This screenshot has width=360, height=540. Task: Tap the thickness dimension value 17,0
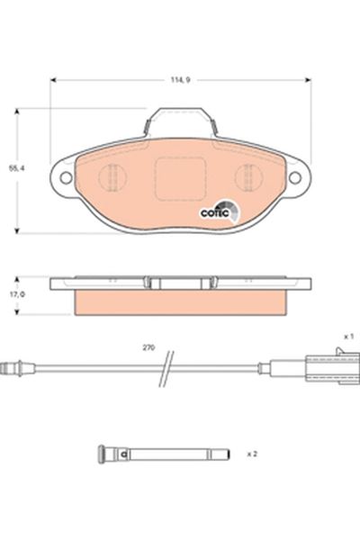point(13,293)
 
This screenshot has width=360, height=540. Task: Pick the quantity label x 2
point(254,454)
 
